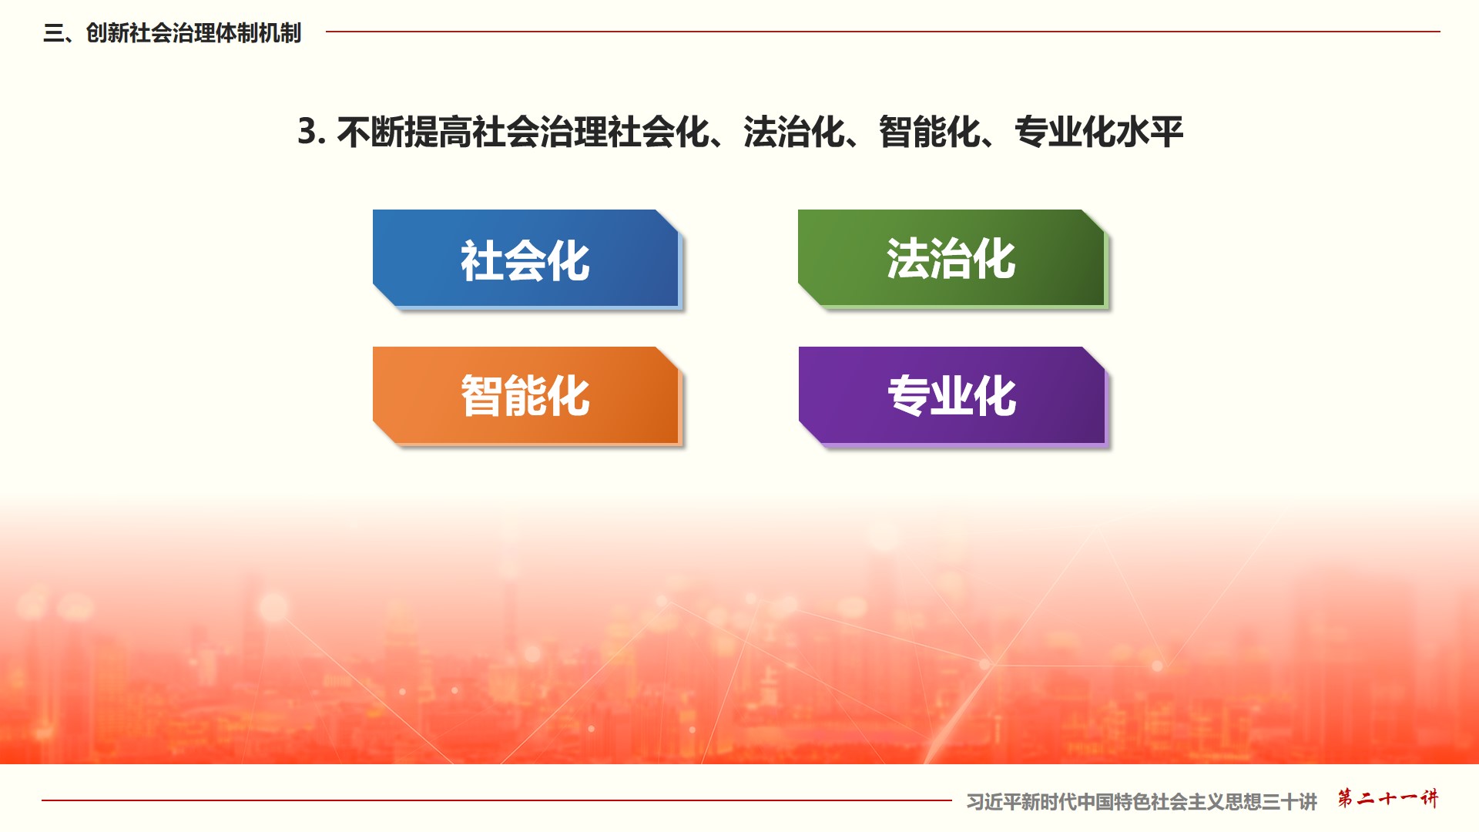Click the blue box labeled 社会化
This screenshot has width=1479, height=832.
(x=526, y=259)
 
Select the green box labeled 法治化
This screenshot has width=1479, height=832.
(x=952, y=259)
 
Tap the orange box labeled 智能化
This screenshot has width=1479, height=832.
(x=526, y=396)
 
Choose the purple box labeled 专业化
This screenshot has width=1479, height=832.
(x=953, y=396)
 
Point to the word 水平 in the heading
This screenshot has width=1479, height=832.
(x=1149, y=132)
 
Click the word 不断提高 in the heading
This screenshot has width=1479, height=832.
(x=404, y=132)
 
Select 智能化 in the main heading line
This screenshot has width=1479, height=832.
(x=930, y=132)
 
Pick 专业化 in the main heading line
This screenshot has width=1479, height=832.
(x=1065, y=132)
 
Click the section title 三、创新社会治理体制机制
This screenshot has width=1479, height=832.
(x=173, y=33)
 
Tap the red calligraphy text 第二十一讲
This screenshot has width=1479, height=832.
(x=1387, y=798)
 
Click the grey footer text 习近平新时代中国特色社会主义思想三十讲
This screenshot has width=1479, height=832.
(x=1142, y=802)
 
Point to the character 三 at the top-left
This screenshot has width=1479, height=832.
(x=53, y=33)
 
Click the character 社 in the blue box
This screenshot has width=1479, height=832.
(x=482, y=260)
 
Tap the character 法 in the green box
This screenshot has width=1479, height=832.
(x=908, y=258)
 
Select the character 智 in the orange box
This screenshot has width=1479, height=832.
(x=482, y=396)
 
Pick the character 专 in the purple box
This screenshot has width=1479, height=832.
(x=909, y=396)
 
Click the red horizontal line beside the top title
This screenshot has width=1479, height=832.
(x=883, y=32)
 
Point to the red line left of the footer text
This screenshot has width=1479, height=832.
(x=497, y=800)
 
